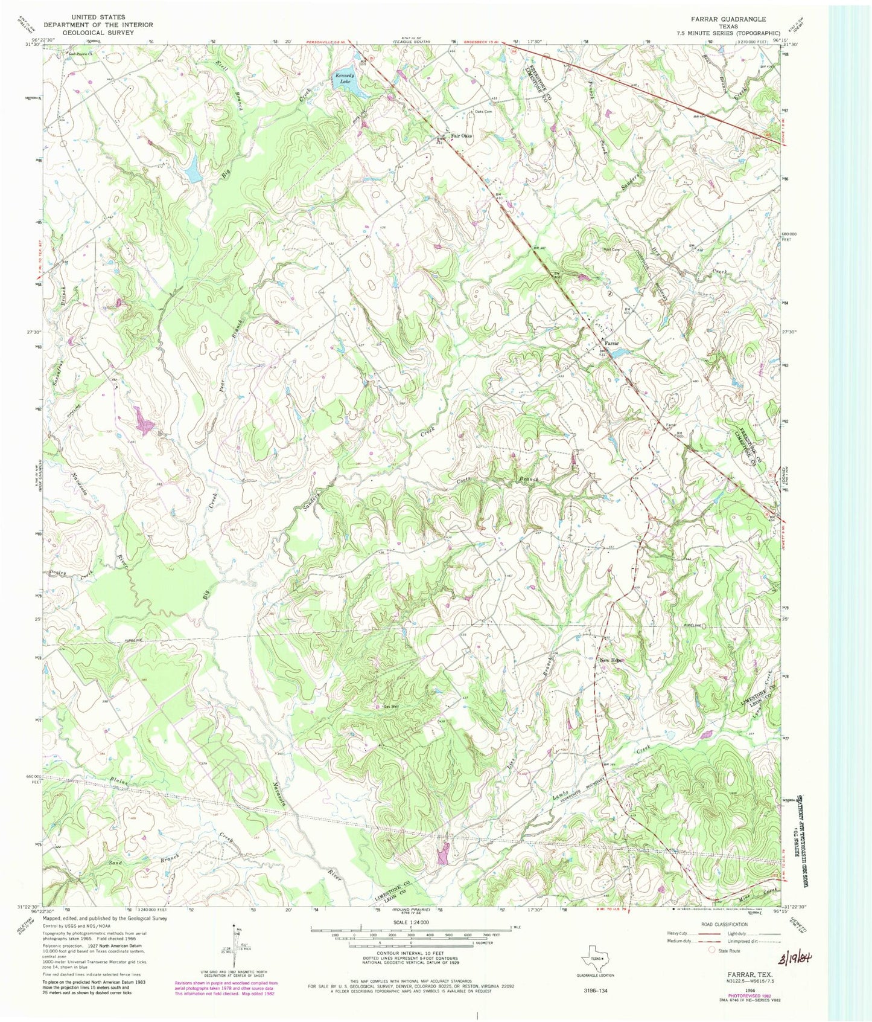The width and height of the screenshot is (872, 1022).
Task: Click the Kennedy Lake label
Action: [344, 78]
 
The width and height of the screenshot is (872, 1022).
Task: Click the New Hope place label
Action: [611, 660]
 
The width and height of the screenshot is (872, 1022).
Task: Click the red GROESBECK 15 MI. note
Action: [482, 42]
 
